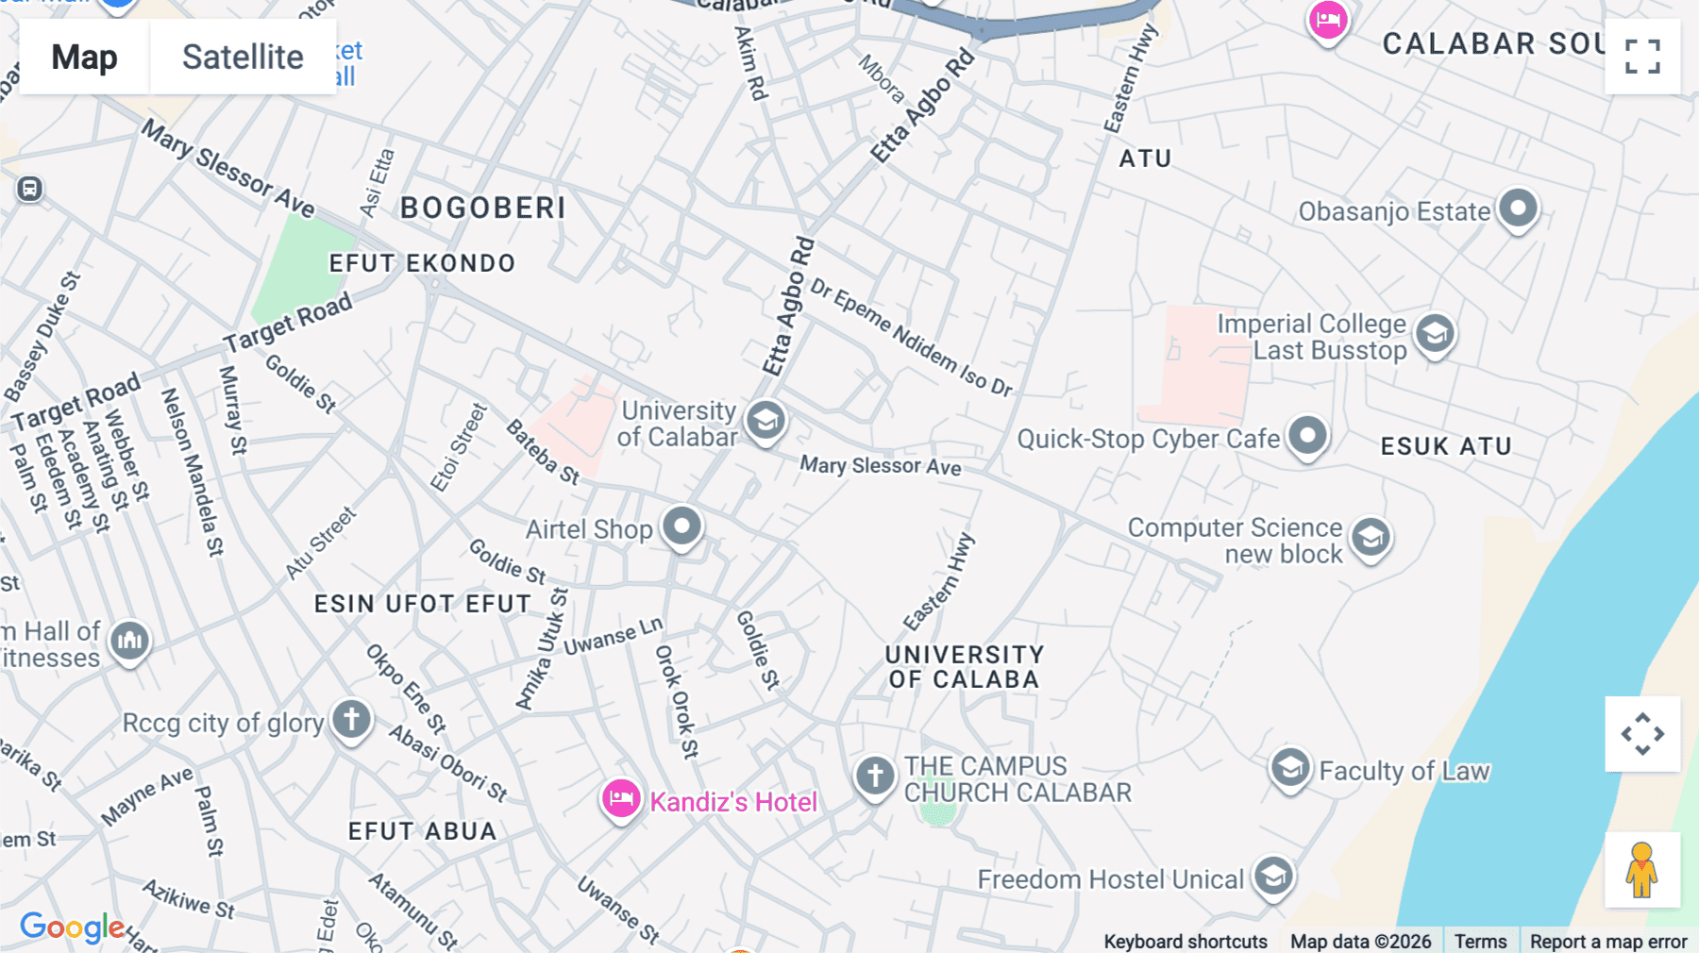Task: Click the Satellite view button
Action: coord(243,57)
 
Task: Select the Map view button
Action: coord(84,57)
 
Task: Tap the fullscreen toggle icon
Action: coord(1642,56)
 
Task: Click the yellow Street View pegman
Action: coord(1642,870)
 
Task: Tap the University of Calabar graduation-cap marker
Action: coord(765,420)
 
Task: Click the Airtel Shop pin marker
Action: coord(681,526)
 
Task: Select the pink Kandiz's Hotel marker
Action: coord(621,799)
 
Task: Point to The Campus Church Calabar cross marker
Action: coord(875,776)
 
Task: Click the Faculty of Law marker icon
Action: coord(1289,769)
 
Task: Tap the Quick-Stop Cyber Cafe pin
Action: coord(1307,436)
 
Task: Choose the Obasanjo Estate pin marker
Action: coord(1518,208)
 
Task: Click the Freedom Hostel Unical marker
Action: coord(1273,877)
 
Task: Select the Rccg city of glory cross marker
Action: coord(351,720)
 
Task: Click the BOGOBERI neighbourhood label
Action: coord(482,208)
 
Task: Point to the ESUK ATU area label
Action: coord(1446,446)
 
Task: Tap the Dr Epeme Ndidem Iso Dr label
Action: coord(911,337)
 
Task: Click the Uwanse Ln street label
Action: coord(613,637)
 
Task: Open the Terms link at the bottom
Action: coord(1480,941)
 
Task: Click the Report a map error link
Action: coord(1607,941)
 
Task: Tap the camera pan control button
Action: coord(1642,734)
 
